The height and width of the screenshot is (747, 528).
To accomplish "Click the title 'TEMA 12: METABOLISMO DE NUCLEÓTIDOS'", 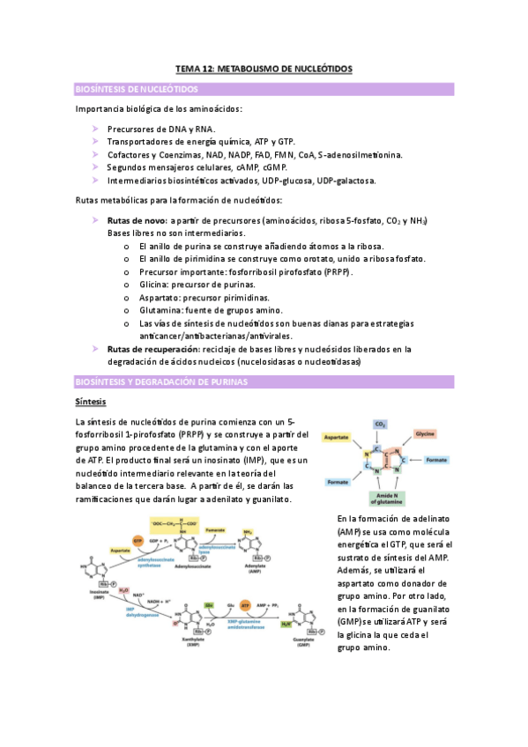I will tap(264, 69).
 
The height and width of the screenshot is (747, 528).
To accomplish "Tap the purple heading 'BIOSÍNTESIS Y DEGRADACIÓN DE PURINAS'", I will tap(161, 382).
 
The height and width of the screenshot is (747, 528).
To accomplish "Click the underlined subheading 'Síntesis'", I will tap(91, 402).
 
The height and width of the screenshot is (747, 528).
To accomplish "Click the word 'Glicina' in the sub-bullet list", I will tap(155, 285).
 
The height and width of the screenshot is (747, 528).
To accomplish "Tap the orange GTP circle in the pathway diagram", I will tap(138, 539).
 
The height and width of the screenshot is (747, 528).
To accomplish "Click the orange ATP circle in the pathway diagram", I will tap(244, 607).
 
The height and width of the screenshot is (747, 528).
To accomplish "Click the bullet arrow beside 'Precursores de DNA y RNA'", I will tap(96, 129).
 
